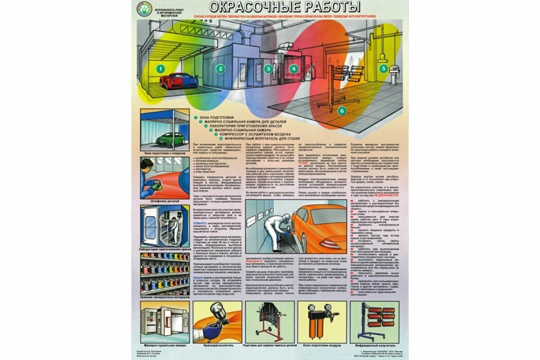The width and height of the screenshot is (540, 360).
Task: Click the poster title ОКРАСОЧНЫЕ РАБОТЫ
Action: (285, 7)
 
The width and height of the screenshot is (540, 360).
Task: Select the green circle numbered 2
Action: (220, 69)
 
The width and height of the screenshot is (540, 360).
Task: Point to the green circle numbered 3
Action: (269, 69)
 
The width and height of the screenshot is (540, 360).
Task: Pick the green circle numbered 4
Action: (294, 69)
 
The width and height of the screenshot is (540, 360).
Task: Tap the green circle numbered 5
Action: (383, 69)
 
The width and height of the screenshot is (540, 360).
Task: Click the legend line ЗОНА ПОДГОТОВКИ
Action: (216, 117)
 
